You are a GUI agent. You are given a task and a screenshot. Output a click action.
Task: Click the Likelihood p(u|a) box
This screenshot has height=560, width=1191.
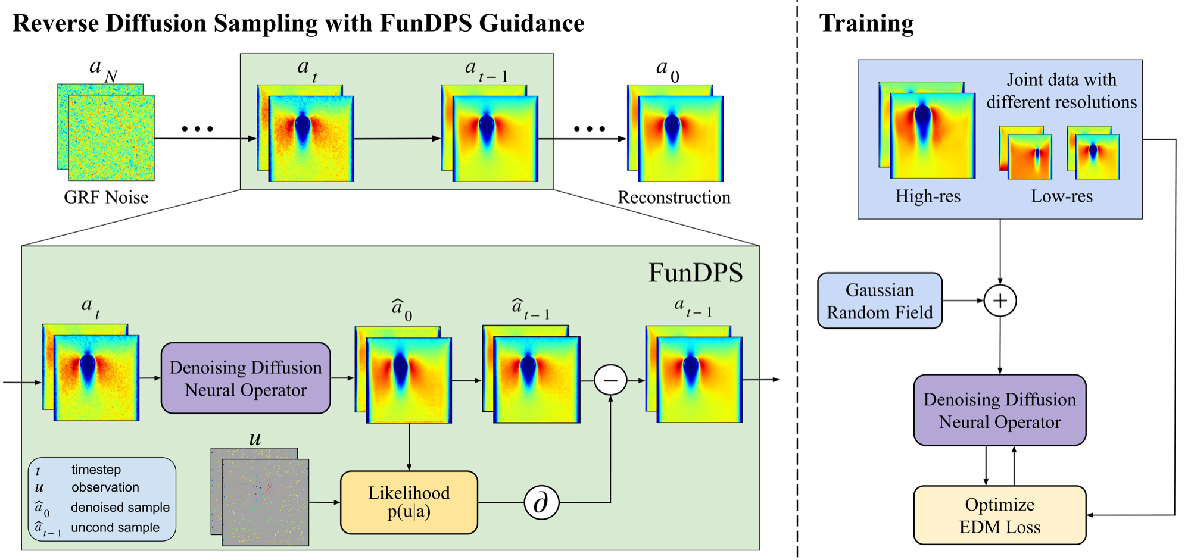pyautogui.click(x=409, y=502)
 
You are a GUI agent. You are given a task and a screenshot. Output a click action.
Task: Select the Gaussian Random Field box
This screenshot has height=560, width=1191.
pyautogui.click(x=880, y=301)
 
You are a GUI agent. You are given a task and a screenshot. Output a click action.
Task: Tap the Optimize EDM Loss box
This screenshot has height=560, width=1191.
pyautogui.click(x=999, y=515)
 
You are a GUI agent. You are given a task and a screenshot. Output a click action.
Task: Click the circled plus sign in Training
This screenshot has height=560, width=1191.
pyautogui.click(x=1000, y=301)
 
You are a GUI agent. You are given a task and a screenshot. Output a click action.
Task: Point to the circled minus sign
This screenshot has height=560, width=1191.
pyautogui.click(x=610, y=380)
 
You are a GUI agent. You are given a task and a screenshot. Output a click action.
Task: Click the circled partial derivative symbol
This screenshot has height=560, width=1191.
pyautogui.click(x=541, y=503)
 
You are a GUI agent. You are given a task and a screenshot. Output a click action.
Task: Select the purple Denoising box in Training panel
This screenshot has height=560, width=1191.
pyautogui.click(x=999, y=410)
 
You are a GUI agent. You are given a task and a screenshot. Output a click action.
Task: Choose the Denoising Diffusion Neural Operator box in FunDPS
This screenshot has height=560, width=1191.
pyautogui.click(x=245, y=378)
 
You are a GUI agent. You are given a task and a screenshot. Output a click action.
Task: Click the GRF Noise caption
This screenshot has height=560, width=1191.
pyautogui.click(x=106, y=197)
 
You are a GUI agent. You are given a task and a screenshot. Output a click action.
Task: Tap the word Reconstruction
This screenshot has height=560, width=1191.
pyautogui.click(x=674, y=197)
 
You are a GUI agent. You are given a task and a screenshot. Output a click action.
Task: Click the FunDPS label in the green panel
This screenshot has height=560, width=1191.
pyautogui.click(x=695, y=273)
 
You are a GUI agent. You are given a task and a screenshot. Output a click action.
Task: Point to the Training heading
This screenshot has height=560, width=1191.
pyautogui.click(x=866, y=23)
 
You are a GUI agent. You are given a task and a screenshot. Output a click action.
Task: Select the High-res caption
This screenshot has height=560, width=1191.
pyautogui.click(x=927, y=196)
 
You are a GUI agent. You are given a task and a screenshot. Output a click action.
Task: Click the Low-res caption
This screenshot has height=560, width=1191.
pyautogui.click(x=1061, y=196)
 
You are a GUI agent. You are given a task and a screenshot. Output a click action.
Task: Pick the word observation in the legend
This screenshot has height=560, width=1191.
pyautogui.click(x=105, y=487)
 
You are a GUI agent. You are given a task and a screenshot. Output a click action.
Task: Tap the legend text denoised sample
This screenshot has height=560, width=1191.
pyautogui.click(x=120, y=508)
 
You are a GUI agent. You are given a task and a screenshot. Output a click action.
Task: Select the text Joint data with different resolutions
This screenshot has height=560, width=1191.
pyautogui.click(x=1061, y=91)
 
